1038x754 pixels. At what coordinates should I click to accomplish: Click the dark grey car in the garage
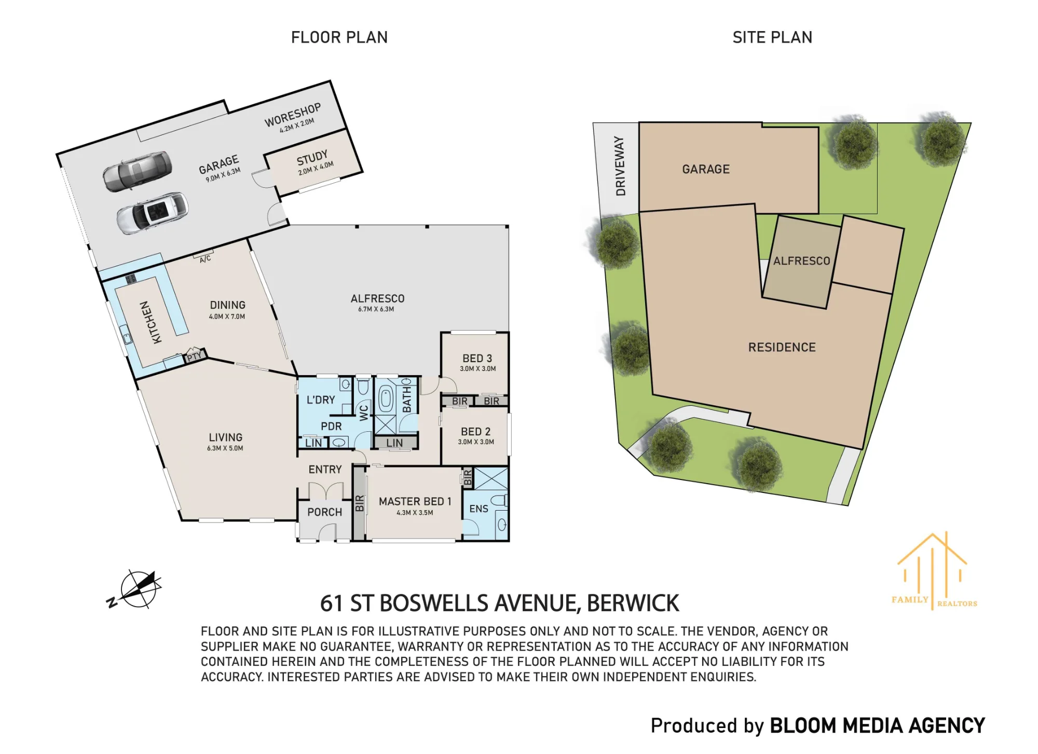point(137,171)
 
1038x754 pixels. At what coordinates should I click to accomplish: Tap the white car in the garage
point(152,213)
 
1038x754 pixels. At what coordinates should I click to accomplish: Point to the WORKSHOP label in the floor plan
point(293,115)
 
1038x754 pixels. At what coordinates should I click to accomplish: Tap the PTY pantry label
point(194,357)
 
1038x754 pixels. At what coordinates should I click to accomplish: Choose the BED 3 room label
point(477,359)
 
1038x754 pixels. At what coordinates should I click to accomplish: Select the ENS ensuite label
point(479,509)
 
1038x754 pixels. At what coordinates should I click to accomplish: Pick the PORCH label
point(324,512)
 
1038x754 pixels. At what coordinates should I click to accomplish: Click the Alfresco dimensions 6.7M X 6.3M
point(376,309)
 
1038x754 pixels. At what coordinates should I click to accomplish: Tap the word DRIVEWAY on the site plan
point(620,166)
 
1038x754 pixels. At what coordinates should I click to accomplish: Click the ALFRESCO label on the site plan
point(801,261)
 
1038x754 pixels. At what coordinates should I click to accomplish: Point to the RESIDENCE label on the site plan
point(782,347)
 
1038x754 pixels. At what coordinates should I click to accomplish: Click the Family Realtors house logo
point(933,571)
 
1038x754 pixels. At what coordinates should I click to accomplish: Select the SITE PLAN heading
point(772,37)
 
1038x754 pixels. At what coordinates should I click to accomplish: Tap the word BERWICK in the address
point(633,603)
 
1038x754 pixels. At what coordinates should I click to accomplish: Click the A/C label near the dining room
point(206,259)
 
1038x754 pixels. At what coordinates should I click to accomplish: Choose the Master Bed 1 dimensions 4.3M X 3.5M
point(415,513)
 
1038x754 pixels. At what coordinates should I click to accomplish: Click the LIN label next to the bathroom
point(394,443)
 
